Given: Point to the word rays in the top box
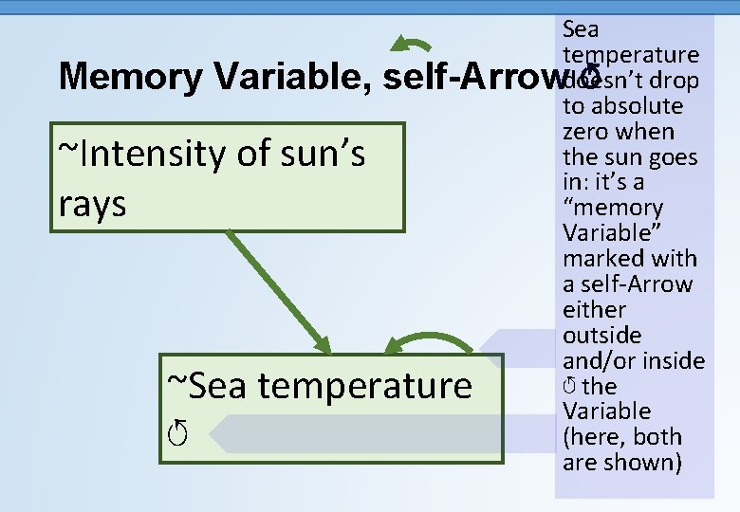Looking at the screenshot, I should pos(92,204).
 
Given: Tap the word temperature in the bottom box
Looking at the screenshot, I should pos(364,386).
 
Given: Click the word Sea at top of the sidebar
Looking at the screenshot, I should pos(581,29).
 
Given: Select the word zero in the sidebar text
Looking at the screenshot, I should pos(585,131).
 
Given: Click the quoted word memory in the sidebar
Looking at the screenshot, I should pos(614,208).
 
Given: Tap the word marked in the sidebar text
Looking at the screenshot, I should pos(599,259).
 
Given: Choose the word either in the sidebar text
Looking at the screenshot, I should pos(595,310).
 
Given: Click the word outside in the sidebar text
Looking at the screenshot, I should pos(601,336).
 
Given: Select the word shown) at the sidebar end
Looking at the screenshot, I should pos(649,463).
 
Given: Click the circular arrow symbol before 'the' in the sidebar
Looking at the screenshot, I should pos(569,386).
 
